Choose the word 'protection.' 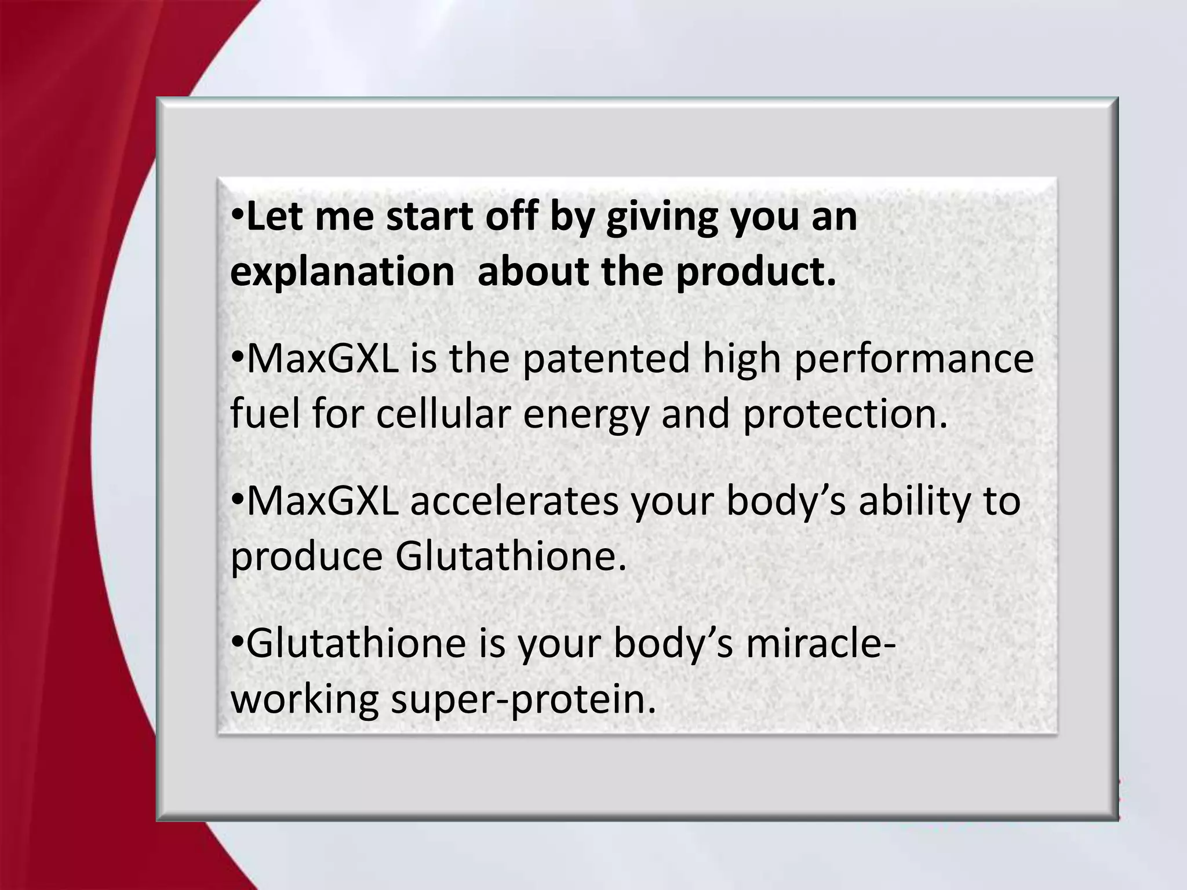[845, 415]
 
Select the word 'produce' [307, 557]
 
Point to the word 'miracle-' [820, 644]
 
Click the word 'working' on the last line [304, 700]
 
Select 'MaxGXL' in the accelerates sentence [323, 502]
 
